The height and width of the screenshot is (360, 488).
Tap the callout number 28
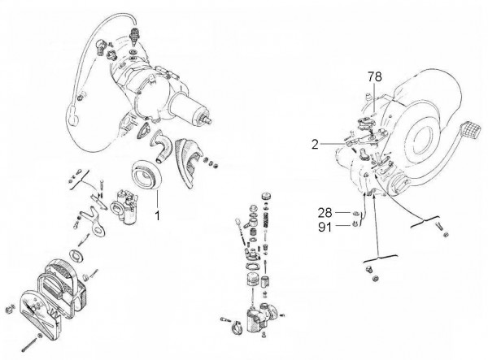click(x=324, y=212)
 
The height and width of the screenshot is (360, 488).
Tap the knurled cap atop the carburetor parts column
click(x=266, y=199)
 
